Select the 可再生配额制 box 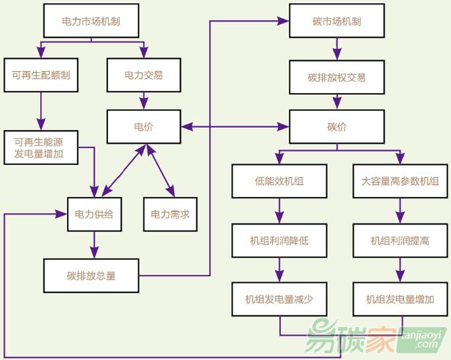tap(41, 75)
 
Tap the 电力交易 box tap(144, 75)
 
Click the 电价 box tap(144, 126)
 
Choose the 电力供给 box tap(94, 215)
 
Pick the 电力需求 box tap(170, 215)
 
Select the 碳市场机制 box tap(336, 21)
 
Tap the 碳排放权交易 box tap(336, 77)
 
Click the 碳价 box tap(336, 126)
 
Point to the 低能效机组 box tap(279, 181)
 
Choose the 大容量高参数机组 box tap(400, 181)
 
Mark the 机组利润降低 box tap(279, 240)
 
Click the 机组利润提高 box tap(400, 240)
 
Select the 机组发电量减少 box tap(279, 299)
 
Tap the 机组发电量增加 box tap(400, 299)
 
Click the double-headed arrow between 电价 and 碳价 tap(235, 126)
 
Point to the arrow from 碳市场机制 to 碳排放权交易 tap(336, 49)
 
